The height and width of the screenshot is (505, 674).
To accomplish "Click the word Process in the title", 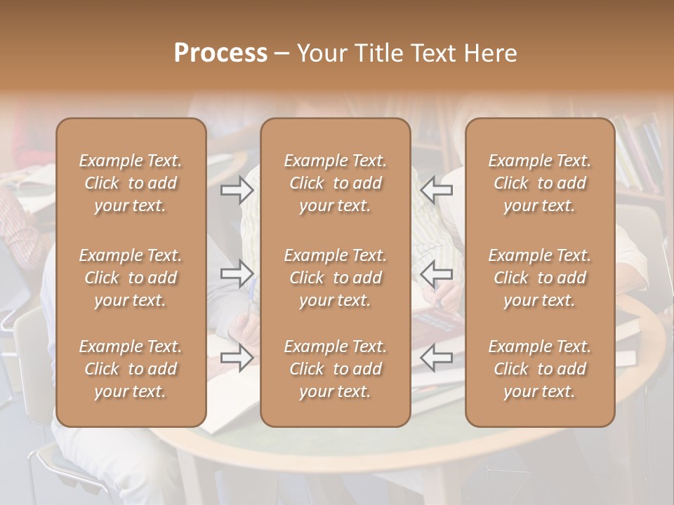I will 220,53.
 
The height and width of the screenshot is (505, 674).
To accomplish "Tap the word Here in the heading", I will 490,53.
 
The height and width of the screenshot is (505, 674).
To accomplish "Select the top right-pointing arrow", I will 237,190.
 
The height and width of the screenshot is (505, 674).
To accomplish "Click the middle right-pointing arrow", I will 237,273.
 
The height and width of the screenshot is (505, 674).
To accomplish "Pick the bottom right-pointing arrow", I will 237,358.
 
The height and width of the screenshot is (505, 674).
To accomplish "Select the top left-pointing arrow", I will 436,190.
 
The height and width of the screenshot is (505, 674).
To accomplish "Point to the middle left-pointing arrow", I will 436,273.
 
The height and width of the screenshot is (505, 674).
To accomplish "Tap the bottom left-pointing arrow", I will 436,358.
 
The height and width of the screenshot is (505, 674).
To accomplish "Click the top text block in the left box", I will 131,183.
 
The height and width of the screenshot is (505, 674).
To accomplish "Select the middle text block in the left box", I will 131,278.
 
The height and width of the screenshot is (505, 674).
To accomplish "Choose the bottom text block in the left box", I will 131,369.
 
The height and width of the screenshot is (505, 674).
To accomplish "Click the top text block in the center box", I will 335,183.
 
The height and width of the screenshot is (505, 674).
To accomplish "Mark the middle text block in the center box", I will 335,278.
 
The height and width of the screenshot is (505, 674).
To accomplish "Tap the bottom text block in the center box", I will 335,369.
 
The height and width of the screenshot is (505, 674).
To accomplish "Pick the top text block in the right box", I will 539,183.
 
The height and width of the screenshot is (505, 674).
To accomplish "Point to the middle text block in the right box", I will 539,278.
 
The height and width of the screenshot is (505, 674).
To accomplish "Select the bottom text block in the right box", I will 539,369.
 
